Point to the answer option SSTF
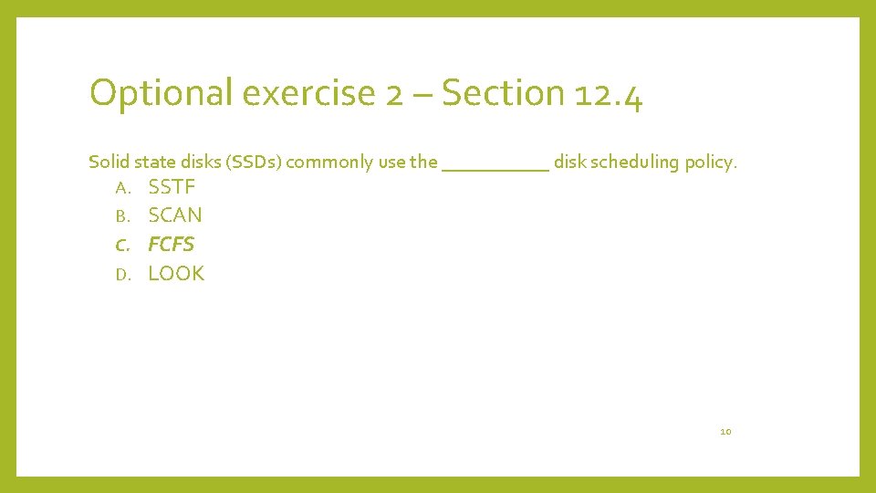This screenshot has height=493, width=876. tap(172, 188)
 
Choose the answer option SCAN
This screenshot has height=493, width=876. tap(175, 215)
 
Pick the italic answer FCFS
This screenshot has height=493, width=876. tap(172, 245)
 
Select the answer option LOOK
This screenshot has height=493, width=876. tap(176, 273)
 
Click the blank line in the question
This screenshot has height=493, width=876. tap(495, 168)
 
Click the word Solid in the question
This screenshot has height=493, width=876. tap(109, 163)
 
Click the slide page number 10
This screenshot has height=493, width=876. tap(725, 431)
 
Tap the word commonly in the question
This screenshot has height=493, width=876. tap(329, 163)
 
